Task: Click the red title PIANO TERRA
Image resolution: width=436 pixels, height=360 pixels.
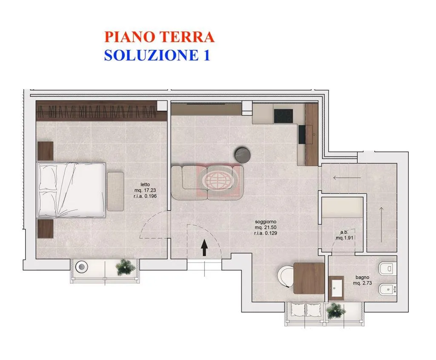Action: pos(159,37)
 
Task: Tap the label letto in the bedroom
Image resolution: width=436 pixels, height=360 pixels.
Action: pos(145,184)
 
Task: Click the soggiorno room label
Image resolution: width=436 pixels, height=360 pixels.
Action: pos(266,222)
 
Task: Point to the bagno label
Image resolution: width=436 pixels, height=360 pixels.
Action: pos(362,277)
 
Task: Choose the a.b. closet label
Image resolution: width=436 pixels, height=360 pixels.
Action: pos(344,232)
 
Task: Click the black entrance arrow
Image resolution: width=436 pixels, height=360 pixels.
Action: pos(204,248)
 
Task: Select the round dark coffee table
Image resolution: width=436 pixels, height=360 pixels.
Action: pos(243,155)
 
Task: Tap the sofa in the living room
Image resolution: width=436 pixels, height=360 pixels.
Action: pos(207,182)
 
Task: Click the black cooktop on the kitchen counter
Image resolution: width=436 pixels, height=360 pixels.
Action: pos(283,116)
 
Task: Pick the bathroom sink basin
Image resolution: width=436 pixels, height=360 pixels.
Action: pos(336,288)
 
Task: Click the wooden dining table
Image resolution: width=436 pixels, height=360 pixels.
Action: pos(309,278)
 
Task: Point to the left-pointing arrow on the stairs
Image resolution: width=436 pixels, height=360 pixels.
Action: pos(347,178)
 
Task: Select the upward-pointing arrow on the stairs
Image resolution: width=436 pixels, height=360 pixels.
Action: pos(381,224)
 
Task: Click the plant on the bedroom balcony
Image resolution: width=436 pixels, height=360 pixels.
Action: pos(126,267)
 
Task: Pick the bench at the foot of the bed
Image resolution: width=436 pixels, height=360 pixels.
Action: pos(115,191)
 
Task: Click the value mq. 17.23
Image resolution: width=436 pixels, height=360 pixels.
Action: pos(145,190)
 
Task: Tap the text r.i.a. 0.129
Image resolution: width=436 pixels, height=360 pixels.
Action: pos(266,233)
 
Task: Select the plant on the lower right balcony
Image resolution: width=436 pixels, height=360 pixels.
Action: pos(336,311)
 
